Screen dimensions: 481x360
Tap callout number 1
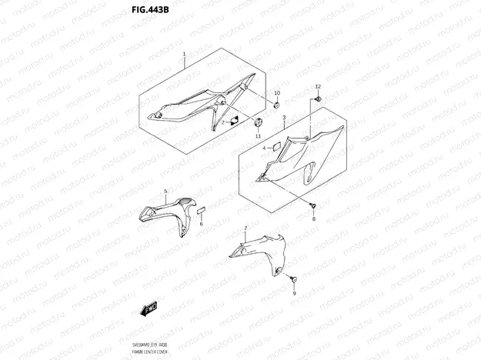click(x=185, y=55)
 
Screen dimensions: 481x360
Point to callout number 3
click(x=283, y=118)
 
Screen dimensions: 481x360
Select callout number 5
click(x=165, y=190)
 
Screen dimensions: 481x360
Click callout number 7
click(x=246, y=228)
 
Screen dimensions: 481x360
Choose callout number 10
click(x=278, y=93)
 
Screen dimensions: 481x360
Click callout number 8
click(x=313, y=219)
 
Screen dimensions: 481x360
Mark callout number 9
click(x=294, y=293)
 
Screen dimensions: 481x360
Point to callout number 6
click(x=201, y=224)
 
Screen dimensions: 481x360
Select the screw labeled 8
click(x=313, y=205)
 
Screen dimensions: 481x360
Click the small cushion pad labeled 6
click(x=200, y=210)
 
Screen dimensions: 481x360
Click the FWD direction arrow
click(x=148, y=310)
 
